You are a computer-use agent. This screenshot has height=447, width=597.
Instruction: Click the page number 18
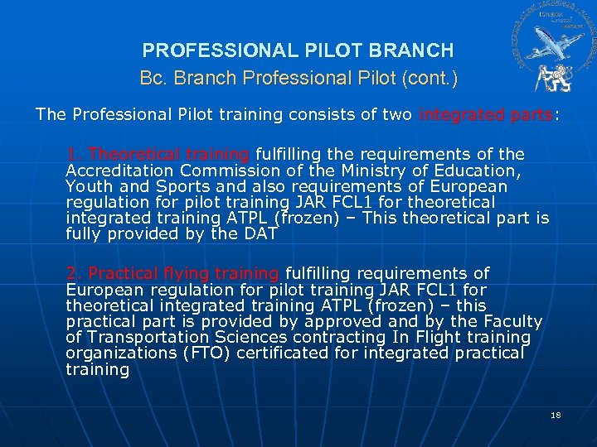pyautogui.click(x=556, y=414)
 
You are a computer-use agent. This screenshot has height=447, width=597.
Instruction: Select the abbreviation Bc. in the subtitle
pyautogui.click(x=153, y=79)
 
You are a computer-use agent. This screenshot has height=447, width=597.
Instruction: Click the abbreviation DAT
pyautogui.click(x=260, y=234)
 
